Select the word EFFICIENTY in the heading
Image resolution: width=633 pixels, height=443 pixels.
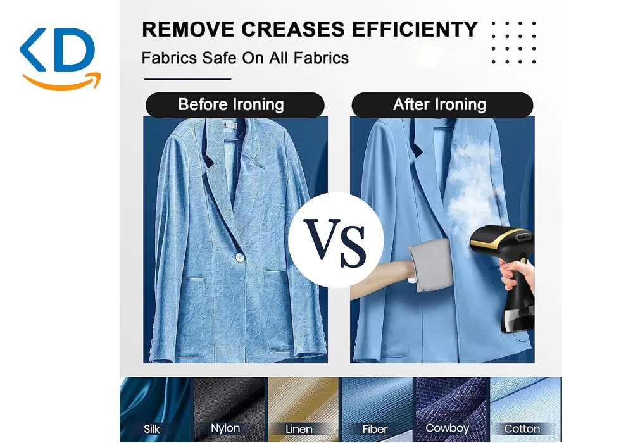[415, 29]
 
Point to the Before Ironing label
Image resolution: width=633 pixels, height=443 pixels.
[235, 105]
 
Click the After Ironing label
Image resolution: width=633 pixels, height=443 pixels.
[442, 105]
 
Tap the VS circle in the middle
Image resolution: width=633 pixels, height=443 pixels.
[336, 240]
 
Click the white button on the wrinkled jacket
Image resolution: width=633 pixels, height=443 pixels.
[239, 257]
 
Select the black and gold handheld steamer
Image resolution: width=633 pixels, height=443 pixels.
[503, 278]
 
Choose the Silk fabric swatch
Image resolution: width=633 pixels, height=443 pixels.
[156, 409]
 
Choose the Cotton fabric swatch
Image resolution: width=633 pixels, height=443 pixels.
[525, 409]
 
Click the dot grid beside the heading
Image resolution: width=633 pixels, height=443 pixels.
[513, 42]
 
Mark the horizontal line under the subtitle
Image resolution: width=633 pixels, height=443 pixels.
[188, 79]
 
